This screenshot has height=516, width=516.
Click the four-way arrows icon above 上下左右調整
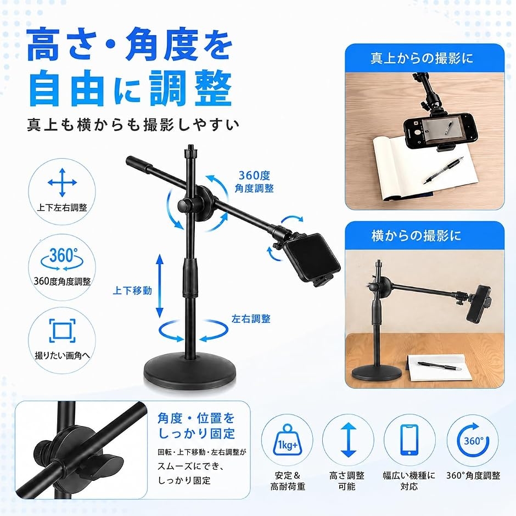(62, 183)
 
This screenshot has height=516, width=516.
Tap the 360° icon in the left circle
(62, 259)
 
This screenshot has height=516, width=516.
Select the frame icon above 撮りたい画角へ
(62, 330)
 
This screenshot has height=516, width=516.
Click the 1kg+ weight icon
(287, 440)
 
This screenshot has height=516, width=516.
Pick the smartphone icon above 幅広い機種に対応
(410, 440)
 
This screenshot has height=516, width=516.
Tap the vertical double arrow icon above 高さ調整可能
(348, 440)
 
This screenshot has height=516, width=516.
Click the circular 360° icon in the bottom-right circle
(473, 440)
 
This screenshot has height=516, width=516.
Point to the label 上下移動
(132, 290)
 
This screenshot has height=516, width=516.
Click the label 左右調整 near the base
(251, 319)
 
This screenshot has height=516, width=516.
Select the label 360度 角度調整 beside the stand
(254, 182)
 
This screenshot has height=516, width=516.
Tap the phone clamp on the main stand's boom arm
(311, 259)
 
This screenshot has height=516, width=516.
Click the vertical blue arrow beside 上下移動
(160, 286)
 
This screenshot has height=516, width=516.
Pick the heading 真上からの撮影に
(422, 58)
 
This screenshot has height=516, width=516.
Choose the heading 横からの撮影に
(416, 236)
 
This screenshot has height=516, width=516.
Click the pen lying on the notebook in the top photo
(444, 170)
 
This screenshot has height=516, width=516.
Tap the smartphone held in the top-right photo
(440, 131)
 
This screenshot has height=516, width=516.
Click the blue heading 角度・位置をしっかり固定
(196, 426)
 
